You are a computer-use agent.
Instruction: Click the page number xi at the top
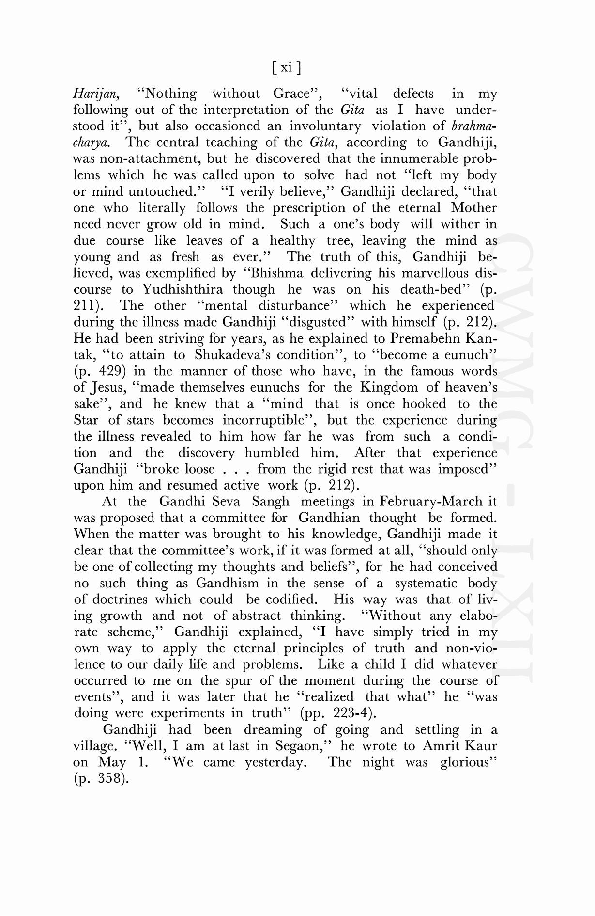coord(286,67)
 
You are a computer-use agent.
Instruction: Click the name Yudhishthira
coord(183,290)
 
